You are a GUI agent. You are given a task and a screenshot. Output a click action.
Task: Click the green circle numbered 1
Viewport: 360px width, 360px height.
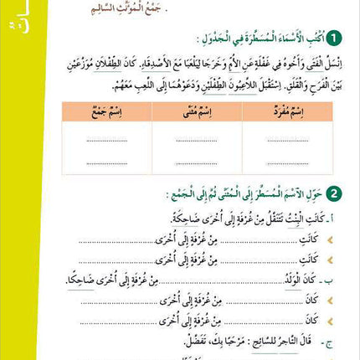point(334,39)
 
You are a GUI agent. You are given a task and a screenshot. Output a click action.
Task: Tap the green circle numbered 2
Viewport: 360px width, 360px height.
point(335,194)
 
